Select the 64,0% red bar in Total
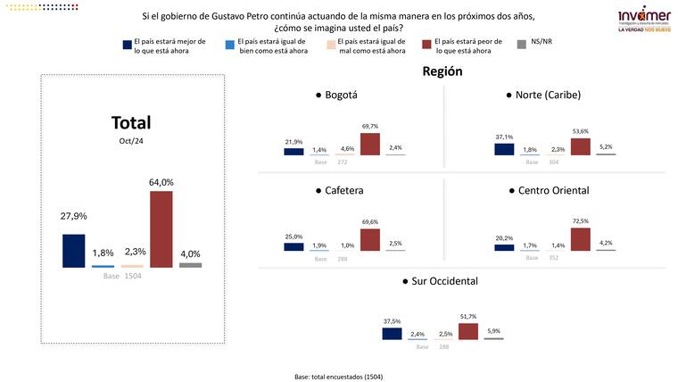pos(161,228)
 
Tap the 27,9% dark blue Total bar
pos(73,250)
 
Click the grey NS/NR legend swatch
pos(524,43)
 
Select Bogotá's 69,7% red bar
pos(369,144)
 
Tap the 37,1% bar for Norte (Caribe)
pos(504,148)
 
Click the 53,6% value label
pos(581,130)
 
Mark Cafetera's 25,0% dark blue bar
pos(294,246)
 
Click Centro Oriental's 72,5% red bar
pos(580,239)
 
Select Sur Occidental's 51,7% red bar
pos(468,331)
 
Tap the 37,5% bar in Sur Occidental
pos(392,334)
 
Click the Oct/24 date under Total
pos(130,141)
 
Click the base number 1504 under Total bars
pos(132,276)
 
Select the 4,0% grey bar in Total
pos(190,264)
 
